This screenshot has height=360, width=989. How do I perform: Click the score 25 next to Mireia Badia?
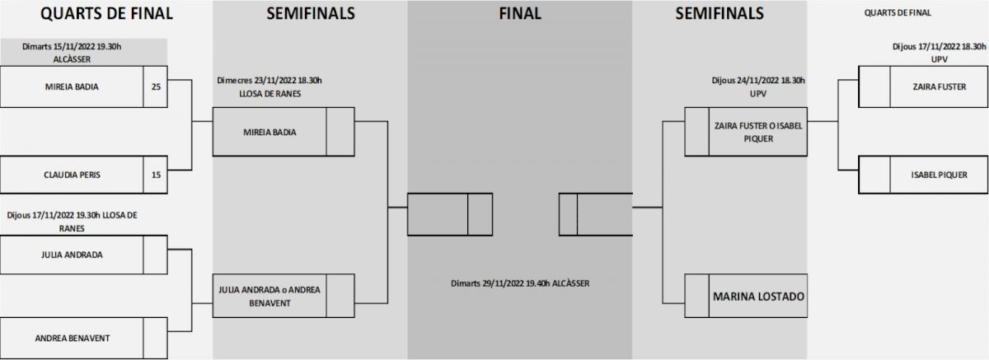click(156, 85)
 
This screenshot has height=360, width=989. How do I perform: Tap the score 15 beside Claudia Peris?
click(156, 174)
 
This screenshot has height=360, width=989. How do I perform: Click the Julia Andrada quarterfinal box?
click(72, 255)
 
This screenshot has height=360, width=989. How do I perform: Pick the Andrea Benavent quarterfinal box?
click(72, 338)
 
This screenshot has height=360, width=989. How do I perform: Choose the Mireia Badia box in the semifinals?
click(270, 132)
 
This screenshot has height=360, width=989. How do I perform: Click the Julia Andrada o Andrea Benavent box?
click(270, 296)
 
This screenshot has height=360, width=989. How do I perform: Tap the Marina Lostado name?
click(758, 296)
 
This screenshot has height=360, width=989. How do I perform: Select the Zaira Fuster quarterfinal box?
click(940, 86)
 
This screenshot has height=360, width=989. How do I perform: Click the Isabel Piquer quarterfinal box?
click(940, 175)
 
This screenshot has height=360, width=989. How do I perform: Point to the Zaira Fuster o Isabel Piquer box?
click(758, 132)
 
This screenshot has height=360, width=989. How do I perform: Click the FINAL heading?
click(520, 13)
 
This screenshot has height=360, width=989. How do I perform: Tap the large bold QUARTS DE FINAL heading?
click(95, 13)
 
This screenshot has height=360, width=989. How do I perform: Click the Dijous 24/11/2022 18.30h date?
click(758, 81)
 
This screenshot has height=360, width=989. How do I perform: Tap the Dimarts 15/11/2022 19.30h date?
click(83, 47)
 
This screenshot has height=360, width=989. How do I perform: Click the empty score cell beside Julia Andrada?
click(156, 255)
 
